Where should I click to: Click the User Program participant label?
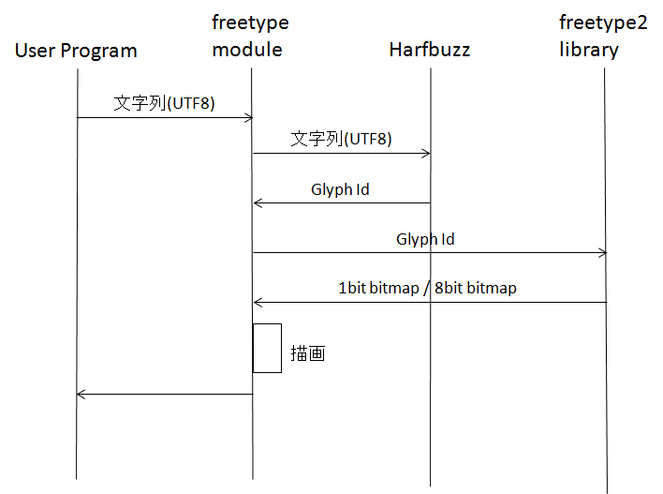click(76, 51)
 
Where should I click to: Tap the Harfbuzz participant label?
click(430, 50)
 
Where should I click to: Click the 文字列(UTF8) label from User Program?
click(164, 103)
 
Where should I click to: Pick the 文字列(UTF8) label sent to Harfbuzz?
click(341, 139)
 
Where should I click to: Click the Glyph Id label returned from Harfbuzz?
click(340, 189)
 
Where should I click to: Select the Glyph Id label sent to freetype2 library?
click(425, 239)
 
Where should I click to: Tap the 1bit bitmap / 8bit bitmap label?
click(427, 289)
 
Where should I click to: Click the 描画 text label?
click(308, 355)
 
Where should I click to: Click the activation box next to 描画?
click(267, 348)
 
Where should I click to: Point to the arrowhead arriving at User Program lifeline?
click(81, 394)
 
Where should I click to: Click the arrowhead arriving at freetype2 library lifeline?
click(603, 252)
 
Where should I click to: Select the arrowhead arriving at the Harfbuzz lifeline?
click(426, 154)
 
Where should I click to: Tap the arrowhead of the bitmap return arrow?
click(258, 302)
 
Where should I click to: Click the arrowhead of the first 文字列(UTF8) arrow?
click(249, 117)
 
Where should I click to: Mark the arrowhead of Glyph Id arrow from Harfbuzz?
click(258, 202)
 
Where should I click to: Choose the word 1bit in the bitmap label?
click(352, 289)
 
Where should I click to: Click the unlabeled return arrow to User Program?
click(164, 394)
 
